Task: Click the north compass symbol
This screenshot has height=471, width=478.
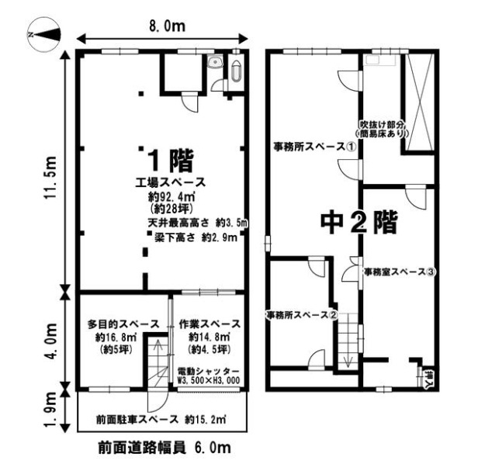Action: pos(44,34)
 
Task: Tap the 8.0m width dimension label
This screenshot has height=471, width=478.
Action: pos(167,26)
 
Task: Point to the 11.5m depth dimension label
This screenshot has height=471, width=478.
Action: pos(50,178)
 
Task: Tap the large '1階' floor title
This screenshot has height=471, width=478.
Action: pos(170,161)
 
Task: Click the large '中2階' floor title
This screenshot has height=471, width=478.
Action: pos(359,222)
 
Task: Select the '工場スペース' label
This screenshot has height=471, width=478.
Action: pos(171,182)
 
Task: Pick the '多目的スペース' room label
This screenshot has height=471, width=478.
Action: pos(123,324)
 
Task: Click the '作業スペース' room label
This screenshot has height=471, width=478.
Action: pos(210,324)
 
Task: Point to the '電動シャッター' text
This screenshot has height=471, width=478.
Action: pos(208,372)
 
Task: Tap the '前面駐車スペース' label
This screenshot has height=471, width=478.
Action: pos(137,419)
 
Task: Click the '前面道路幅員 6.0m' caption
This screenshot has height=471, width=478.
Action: pos(165,448)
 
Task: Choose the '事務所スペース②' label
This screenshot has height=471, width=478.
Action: pos(302,315)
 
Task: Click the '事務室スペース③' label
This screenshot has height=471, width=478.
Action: pos(400,272)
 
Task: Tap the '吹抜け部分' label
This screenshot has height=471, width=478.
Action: pos(382,124)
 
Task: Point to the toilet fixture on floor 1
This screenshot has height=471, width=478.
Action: pos(236,71)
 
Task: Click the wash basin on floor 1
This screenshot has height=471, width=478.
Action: pos(216,63)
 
